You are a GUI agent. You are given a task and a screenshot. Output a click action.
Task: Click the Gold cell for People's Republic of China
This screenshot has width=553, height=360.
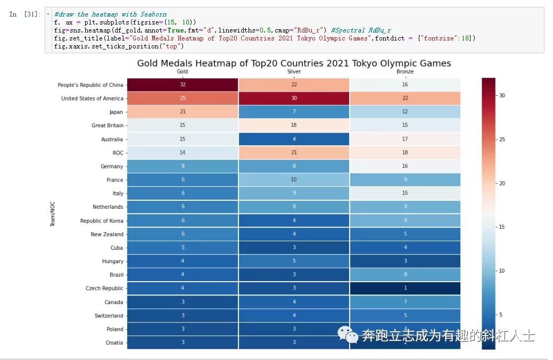tap(183, 85)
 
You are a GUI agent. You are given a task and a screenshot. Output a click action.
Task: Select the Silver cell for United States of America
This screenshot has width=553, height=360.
tap(294, 99)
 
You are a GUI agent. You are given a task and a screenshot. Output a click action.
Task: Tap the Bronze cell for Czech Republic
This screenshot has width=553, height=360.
tap(405, 288)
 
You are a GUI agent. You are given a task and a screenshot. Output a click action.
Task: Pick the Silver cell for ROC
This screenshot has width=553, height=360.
tap(294, 153)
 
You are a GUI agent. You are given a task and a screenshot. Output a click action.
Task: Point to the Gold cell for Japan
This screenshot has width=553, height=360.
tap(183, 112)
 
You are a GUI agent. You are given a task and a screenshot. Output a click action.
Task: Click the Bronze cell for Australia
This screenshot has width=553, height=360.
tap(405, 139)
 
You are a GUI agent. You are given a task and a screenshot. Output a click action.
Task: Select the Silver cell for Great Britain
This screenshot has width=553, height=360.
tap(294, 126)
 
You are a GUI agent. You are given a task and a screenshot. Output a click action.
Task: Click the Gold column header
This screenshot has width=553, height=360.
tap(183, 71)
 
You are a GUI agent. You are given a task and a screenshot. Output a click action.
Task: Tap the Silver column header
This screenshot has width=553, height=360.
tap(294, 71)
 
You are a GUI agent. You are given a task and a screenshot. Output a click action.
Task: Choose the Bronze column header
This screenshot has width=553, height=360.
tap(405, 71)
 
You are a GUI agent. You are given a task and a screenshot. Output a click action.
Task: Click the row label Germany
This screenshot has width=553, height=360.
tap(112, 167)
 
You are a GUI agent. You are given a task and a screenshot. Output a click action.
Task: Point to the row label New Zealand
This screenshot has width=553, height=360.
tap(107, 234)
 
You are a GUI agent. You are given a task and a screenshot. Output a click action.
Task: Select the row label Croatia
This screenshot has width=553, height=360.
tap(114, 342)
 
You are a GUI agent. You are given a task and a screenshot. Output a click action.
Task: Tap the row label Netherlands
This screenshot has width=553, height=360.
tap(108, 207)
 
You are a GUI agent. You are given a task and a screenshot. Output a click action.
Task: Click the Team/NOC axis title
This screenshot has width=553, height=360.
tap(53, 214)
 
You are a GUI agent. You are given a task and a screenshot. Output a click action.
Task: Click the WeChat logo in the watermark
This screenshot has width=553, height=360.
tap(347, 336)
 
